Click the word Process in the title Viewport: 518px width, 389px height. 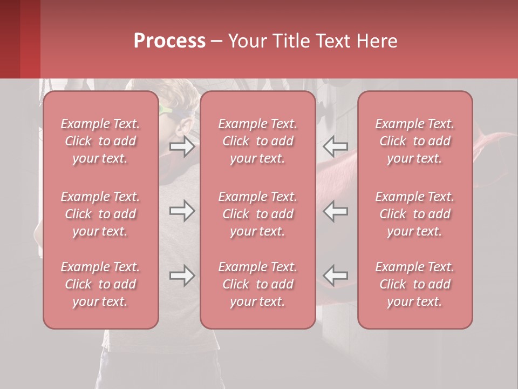(x=169, y=41)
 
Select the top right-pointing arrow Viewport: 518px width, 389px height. (x=182, y=146)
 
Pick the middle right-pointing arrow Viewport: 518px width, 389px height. (x=182, y=211)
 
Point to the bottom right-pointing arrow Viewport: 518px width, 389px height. (x=182, y=276)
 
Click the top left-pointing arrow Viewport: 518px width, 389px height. (x=336, y=146)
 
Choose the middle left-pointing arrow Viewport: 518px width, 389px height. (x=336, y=211)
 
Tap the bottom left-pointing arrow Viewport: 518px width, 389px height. (x=336, y=276)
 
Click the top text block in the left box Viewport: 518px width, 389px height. (x=100, y=141)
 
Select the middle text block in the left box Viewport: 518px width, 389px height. (x=100, y=214)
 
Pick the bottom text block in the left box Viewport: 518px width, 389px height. (x=100, y=284)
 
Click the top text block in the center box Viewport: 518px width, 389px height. (x=257, y=141)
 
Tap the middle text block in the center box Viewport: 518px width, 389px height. (x=257, y=214)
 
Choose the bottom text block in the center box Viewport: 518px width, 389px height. (x=257, y=284)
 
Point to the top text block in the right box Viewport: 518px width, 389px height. (x=414, y=141)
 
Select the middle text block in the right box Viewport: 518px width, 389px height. (x=414, y=214)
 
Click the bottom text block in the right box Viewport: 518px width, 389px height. (x=414, y=284)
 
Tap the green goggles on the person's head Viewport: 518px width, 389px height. (x=168, y=111)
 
